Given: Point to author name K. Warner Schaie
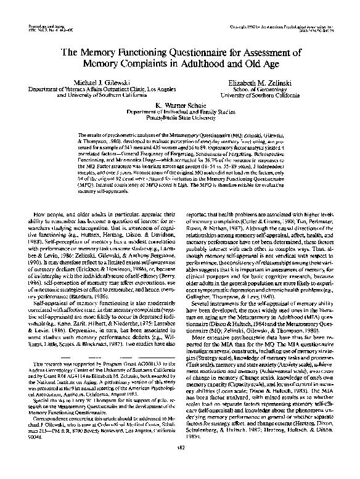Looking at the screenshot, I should pyautogui.click(x=179, y=107).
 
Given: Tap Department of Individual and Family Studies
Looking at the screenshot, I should pyautogui.click(x=179, y=113).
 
